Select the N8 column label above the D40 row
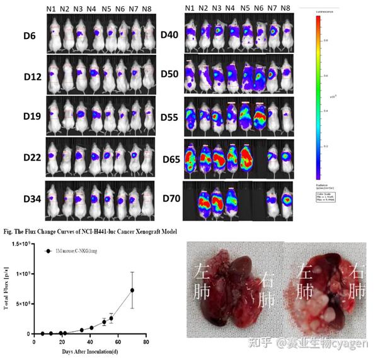pyautogui.click(x=286, y=8)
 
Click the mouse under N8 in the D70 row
pyautogui.click(x=287, y=200)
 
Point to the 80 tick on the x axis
pyautogui.click(x=146, y=342)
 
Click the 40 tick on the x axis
pyautogui.click(x=89, y=342)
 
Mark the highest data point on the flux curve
pyautogui.click(x=132, y=290)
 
